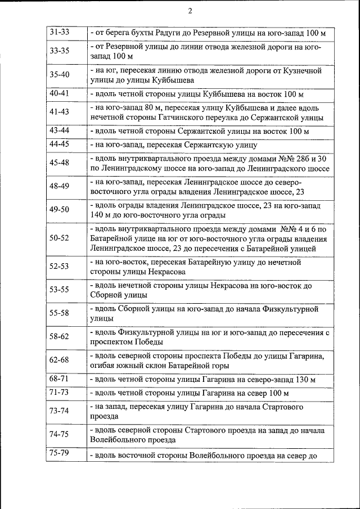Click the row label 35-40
[59, 74]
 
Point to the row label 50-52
[59, 238]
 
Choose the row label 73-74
[59, 411]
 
